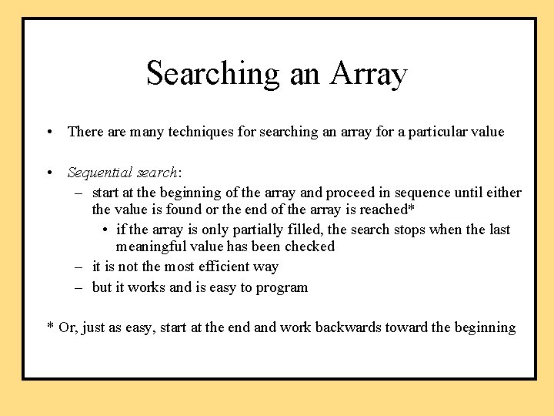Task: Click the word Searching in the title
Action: point(213,74)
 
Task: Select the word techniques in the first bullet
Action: point(192,132)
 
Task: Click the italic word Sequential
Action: point(98,173)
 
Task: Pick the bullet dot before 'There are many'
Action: point(48,132)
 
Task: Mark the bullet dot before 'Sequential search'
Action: point(48,173)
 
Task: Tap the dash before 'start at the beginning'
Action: point(79,193)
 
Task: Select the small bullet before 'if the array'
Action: point(105,230)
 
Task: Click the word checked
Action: point(309,247)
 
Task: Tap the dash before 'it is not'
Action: point(79,267)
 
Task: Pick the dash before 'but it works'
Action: point(79,287)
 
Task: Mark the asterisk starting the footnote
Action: point(50,327)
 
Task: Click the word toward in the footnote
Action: point(405,327)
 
